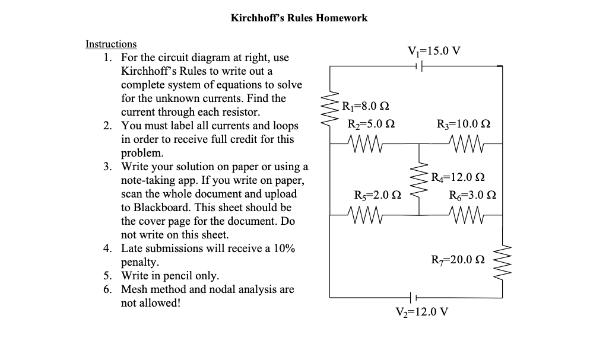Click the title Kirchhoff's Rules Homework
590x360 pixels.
pyautogui.click(x=299, y=18)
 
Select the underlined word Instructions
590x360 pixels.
pyautogui.click(x=111, y=44)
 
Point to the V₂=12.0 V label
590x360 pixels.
pyautogui.click(x=422, y=311)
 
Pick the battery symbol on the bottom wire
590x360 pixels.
pyautogui.click(x=412, y=297)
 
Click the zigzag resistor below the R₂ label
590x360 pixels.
pyautogui.click(x=367, y=143)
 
